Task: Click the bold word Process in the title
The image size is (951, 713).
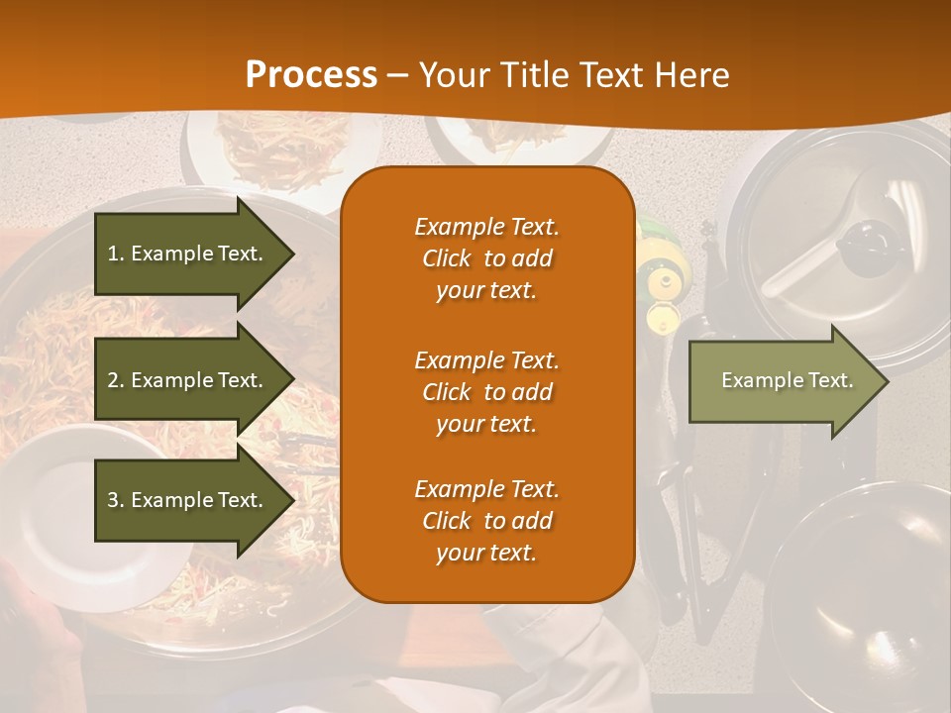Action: click(311, 74)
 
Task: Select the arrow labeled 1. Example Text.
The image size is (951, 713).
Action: click(188, 254)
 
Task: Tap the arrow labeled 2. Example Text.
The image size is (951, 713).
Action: click(188, 380)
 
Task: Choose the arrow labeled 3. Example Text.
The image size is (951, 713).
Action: click(188, 500)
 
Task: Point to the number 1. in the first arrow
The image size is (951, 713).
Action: click(116, 254)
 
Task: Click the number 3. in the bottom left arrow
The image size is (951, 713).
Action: click(116, 500)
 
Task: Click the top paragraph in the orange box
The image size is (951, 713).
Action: click(486, 258)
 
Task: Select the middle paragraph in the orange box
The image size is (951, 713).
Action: click(486, 391)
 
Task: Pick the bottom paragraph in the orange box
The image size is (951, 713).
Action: click(486, 521)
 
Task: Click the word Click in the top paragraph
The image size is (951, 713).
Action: click(446, 258)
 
